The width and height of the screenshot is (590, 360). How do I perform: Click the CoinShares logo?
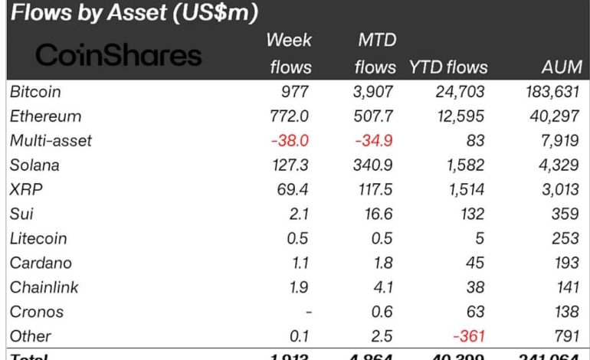tap(119, 54)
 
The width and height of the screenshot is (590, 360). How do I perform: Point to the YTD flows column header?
tap(447, 67)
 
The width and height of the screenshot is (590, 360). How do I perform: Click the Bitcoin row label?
tap(36, 92)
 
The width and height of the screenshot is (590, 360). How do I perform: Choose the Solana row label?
tap(35, 165)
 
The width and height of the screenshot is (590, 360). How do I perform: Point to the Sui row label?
tap(22, 214)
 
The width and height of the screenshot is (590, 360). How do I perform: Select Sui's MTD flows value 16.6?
tap(379, 214)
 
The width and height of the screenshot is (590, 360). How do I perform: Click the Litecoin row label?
tap(38, 239)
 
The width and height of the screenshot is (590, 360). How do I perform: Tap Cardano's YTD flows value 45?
tap(474, 263)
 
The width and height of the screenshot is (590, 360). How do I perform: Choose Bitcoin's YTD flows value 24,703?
tap(457, 92)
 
